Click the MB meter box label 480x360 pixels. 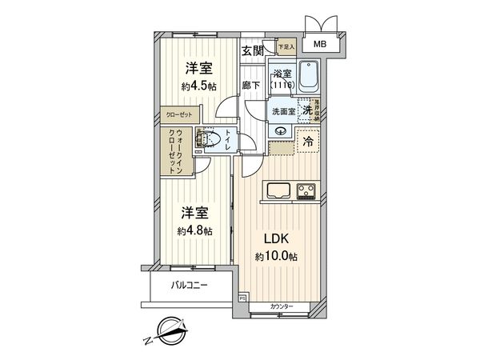(319, 46)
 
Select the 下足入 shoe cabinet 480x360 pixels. (286, 47)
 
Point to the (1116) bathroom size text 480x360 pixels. (282, 84)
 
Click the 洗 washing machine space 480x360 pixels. (306, 112)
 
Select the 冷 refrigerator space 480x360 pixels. (307, 141)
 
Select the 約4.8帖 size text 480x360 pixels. (194, 230)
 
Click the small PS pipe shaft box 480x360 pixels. (242, 298)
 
